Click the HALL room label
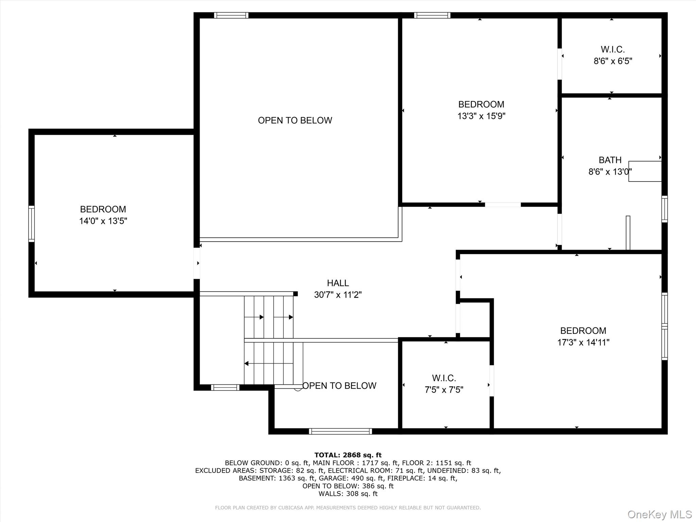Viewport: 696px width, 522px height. pyautogui.click(x=338, y=283)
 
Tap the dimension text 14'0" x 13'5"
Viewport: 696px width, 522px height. pyautogui.click(x=103, y=221)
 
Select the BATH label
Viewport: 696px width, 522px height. pyautogui.click(x=610, y=160)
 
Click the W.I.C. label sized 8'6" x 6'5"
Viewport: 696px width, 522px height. pyautogui.click(x=613, y=50)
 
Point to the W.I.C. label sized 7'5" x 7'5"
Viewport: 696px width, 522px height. pyautogui.click(x=444, y=378)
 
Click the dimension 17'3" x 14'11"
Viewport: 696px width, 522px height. pyautogui.click(x=583, y=342)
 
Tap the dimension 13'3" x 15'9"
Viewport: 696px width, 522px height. pyautogui.click(x=481, y=116)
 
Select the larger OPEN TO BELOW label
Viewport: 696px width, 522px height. pyautogui.click(x=295, y=120)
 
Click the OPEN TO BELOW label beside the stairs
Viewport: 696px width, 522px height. pyautogui.click(x=339, y=386)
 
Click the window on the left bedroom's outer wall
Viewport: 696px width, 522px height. pyautogui.click(x=31, y=224)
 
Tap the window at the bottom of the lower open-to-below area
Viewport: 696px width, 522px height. pyautogui.click(x=340, y=431)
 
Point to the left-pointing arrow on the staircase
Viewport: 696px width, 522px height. pyautogui.click(x=247, y=364)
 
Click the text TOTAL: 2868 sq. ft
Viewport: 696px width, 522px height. pyautogui.click(x=348, y=455)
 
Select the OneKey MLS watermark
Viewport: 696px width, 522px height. pyautogui.click(x=659, y=514)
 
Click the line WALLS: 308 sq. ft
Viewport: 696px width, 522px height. pyautogui.click(x=348, y=494)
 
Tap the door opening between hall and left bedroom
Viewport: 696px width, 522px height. pyautogui.click(x=196, y=263)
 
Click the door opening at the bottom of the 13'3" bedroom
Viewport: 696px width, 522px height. pyautogui.click(x=503, y=205)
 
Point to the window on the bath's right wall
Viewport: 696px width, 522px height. pyautogui.click(x=664, y=209)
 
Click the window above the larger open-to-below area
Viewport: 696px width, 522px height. pyautogui.click(x=231, y=15)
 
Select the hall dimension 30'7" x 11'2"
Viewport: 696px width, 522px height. pyautogui.click(x=338, y=295)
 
